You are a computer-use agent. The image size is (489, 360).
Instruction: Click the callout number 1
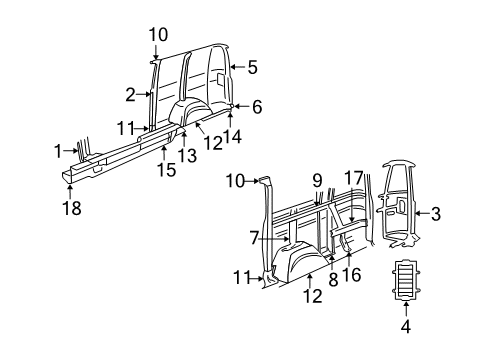coord(56,150)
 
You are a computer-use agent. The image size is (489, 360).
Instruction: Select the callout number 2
coord(130,94)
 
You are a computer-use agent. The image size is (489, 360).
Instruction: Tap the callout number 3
coord(435,212)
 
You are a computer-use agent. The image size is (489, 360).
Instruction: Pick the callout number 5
coord(252,68)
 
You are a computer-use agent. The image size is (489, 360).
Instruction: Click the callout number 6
coord(256,106)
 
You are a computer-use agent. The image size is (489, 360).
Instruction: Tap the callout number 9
coord(316,181)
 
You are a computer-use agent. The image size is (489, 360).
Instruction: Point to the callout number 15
coord(168,169)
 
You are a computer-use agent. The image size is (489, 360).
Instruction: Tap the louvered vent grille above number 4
coord(405,279)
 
